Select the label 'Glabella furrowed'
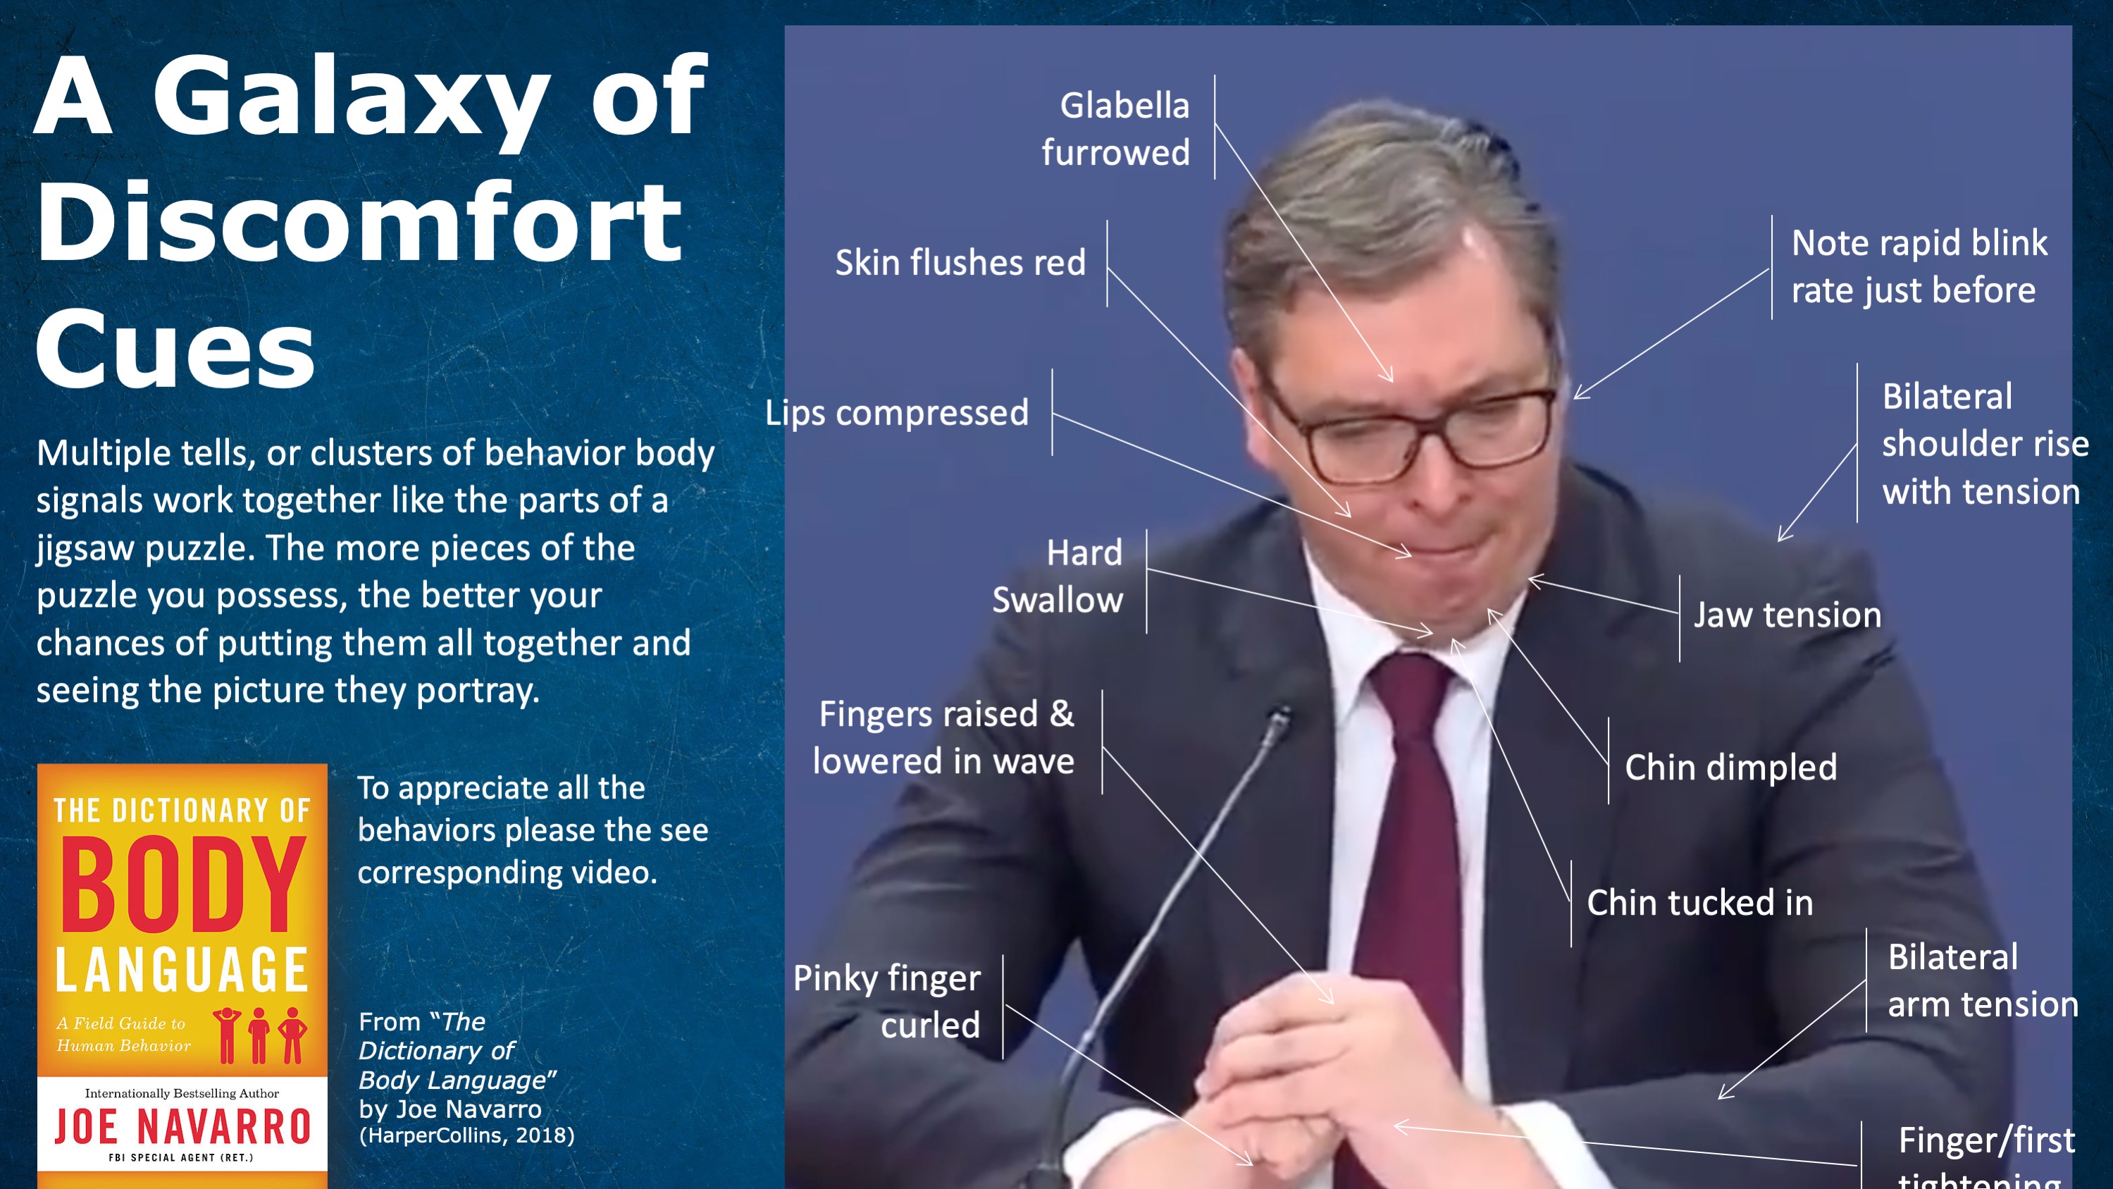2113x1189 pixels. [1115, 129]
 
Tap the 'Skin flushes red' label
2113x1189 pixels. [960, 263]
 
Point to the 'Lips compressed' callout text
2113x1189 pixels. [896, 413]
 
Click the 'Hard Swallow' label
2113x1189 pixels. [1058, 576]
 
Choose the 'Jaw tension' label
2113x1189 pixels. [1787, 615]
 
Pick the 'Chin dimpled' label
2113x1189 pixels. [1730, 768]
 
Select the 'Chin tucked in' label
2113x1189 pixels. [1699, 903]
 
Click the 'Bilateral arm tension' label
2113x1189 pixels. [1983, 980]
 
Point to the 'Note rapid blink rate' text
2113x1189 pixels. [1919, 266]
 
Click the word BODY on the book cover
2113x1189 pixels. [182, 885]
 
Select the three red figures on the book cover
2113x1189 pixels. [260, 1035]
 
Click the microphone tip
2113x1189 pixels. [1278, 719]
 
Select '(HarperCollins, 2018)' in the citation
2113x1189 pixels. [466, 1135]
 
